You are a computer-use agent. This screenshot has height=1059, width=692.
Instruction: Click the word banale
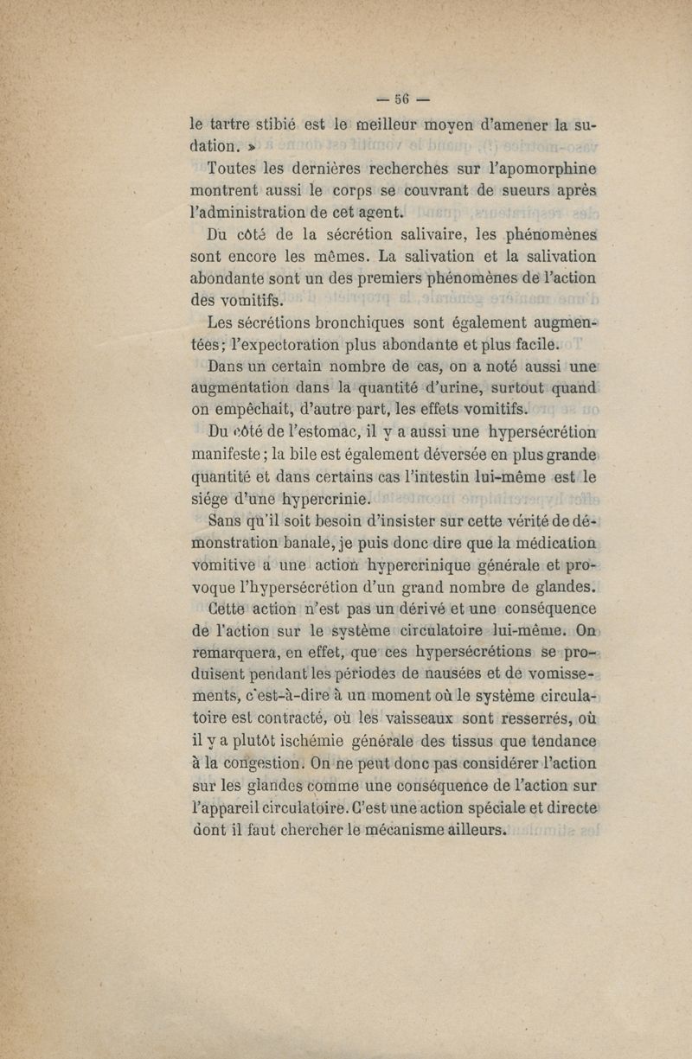pyautogui.click(x=328, y=544)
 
